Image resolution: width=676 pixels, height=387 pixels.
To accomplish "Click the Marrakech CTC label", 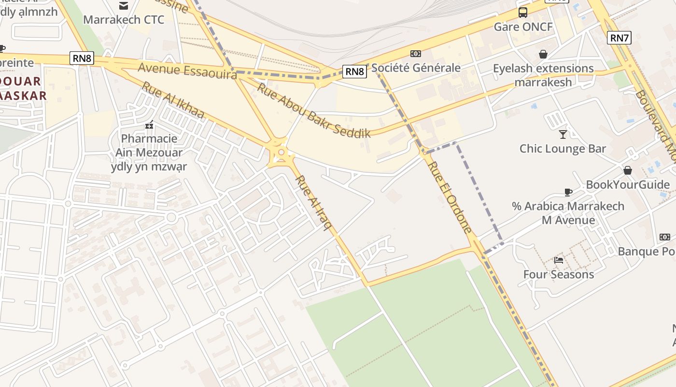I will click(x=124, y=20).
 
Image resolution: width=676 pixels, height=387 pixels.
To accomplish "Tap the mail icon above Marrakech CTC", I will click(x=124, y=6).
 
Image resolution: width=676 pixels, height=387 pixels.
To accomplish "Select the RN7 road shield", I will click(x=620, y=38).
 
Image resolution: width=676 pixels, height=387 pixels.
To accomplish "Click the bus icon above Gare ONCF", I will click(x=523, y=13).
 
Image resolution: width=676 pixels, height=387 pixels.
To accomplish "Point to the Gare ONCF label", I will click(x=523, y=27).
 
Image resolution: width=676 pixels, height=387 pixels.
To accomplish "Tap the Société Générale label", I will click(x=416, y=68).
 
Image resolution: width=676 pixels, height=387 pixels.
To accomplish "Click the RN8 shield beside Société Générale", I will click(x=355, y=72).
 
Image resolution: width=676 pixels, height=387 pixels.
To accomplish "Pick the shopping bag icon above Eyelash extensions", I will click(x=543, y=54).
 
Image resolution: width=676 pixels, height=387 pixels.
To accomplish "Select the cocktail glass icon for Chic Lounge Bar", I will click(x=563, y=134).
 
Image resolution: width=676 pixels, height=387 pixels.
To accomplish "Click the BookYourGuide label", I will click(x=628, y=185).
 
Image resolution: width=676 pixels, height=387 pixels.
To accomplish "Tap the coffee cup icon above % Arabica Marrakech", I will click(x=568, y=192).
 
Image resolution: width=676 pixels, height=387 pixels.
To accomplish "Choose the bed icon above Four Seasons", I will click(x=559, y=260).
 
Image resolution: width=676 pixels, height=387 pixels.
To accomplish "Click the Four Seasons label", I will click(x=559, y=275).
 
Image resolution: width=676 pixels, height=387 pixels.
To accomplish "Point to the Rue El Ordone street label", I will click(x=448, y=197).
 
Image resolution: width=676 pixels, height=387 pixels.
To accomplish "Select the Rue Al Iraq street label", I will click(x=313, y=202).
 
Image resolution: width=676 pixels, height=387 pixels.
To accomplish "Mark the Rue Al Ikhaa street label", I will click(x=173, y=100).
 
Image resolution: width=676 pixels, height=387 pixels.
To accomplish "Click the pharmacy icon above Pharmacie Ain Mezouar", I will click(x=149, y=125).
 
